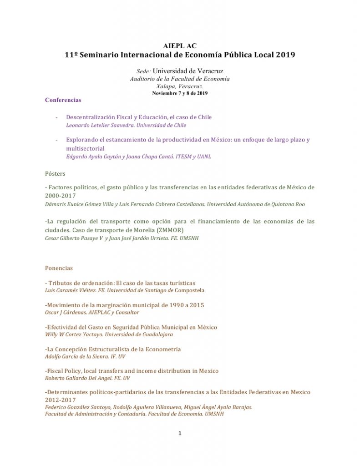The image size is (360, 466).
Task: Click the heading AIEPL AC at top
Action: tap(180, 46)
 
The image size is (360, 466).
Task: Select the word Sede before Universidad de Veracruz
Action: tap(143, 71)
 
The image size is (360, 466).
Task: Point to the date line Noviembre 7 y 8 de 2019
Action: tap(180, 93)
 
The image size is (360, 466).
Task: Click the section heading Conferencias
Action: tap(63, 100)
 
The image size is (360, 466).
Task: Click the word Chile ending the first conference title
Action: tap(204, 117)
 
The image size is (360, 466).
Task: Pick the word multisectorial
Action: tap(85, 148)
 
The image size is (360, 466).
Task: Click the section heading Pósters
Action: tap(55, 173)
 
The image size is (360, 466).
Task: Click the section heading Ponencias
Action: tap(59, 268)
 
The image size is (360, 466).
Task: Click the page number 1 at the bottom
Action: tap(180, 433)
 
